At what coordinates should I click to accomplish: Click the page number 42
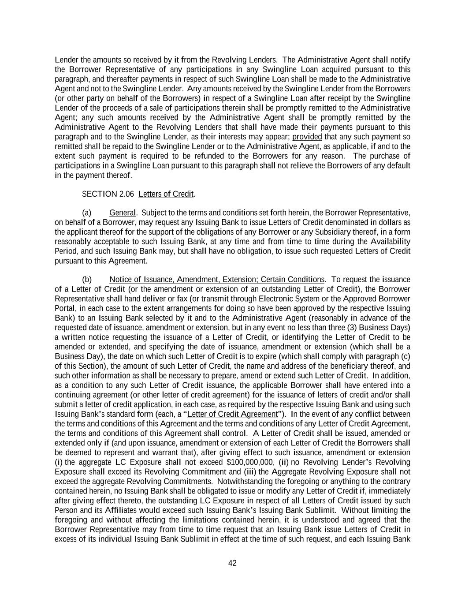232,563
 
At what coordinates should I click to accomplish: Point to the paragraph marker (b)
87,280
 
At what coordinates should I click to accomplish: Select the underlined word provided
307,137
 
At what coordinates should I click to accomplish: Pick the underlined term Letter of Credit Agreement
232,414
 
